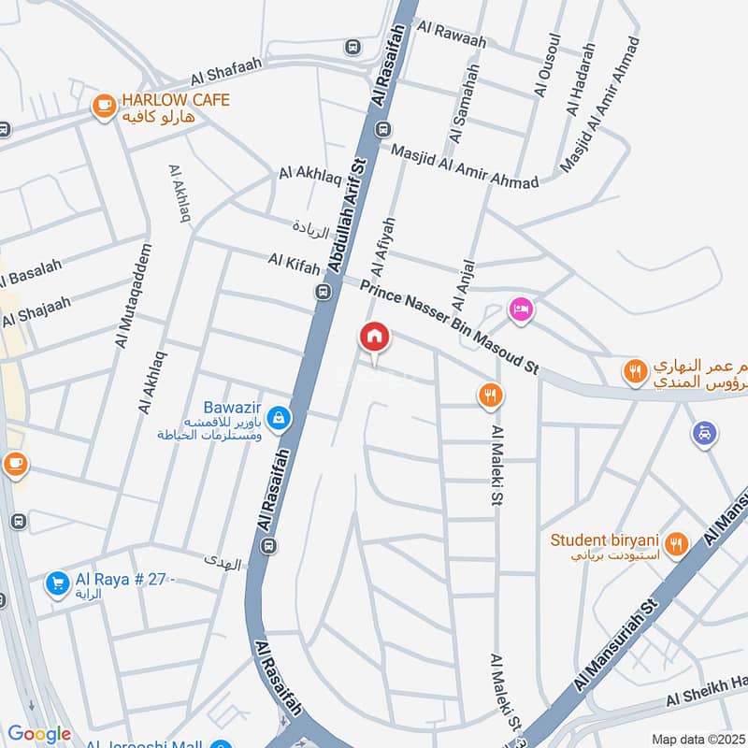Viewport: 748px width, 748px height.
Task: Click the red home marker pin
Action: pyautogui.click(x=375, y=338)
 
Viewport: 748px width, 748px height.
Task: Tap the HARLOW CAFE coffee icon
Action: pyautogui.click(x=104, y=108)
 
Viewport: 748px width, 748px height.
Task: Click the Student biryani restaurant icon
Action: pyautogui.click(x=678, y=542)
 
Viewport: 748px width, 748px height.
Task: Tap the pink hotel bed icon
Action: pyautogui.click(x=520, y=309)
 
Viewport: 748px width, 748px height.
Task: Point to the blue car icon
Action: pyautogui.click(x=705, y=433)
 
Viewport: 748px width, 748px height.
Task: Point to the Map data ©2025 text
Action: pyautogui.click(x=698, y=739)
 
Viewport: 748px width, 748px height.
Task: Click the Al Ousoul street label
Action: pyautogui.click(x=546, y=65)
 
